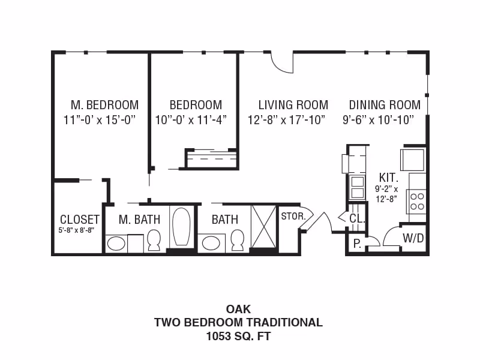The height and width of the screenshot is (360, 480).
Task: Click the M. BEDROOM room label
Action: (x=104, y=105)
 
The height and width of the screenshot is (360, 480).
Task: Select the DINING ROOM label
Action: (x=385, y=105)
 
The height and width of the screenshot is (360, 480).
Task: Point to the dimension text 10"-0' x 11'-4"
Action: (x=191, y=119)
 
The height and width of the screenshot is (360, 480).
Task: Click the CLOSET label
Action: (x=79, y=220)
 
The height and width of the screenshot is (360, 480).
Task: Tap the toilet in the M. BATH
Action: (x=154, y=239)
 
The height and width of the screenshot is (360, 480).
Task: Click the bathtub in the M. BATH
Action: (x=181, y=227)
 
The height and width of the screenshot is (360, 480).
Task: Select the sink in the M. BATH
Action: (x=116, y=243)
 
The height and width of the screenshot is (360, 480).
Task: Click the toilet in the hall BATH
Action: (x=238, y=239)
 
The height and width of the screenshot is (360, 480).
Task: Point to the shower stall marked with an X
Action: (x=263, y=226)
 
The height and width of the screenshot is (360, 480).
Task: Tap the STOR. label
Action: (x=293, y=216)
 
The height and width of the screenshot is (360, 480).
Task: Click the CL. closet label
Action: (x=357, y=219)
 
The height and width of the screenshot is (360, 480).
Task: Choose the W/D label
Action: (x=413, y=238)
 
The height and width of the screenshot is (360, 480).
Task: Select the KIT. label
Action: (x=388, y=178)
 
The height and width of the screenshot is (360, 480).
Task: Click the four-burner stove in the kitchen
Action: (x=417, y=201)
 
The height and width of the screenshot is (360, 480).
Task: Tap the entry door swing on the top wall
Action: (x=281, y=62)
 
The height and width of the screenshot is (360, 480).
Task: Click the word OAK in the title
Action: (x=238, y=310)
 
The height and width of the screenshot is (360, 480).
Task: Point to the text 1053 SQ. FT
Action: (x=238, y=336)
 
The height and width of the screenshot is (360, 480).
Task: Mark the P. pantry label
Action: (x=356, y=243)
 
